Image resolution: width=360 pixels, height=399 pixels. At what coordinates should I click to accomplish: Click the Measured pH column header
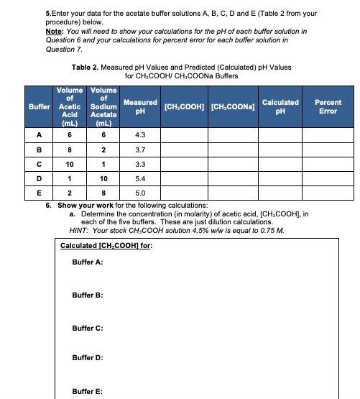pos(140,107)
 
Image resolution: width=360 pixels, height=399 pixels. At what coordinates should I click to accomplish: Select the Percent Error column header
pos(328,107)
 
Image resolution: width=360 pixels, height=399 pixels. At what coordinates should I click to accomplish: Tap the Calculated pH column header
pos(280,107)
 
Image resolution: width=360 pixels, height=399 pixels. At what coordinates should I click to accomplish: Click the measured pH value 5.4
pos(140,178)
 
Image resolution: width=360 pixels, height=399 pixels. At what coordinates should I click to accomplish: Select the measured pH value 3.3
pos(140,164)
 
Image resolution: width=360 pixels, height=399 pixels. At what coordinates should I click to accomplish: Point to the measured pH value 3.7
pos(140,150)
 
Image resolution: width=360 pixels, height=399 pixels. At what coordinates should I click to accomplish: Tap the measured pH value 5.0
pos(140,193)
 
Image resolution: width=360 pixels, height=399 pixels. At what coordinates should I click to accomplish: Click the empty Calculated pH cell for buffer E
pos(280,193)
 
